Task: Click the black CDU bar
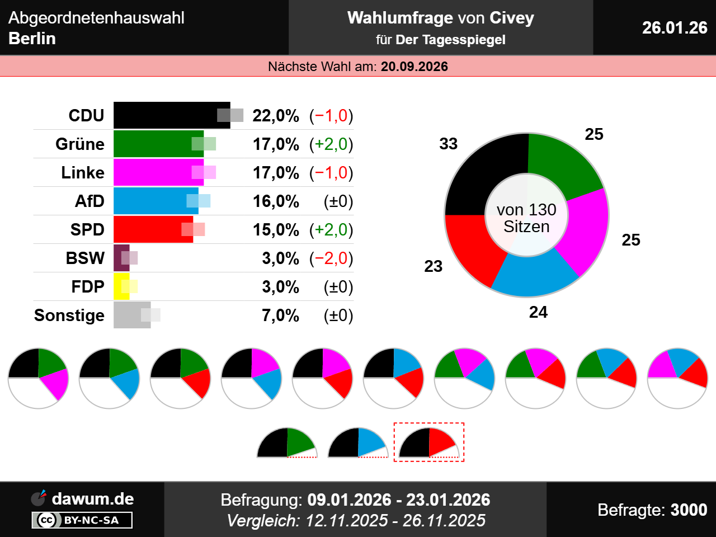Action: [x=168, y=115]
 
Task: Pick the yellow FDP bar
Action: [x=120, y=286]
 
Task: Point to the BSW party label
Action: [x=85, y=258]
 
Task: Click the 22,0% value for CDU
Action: [x=276, y=116]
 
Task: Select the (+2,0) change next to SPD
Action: [x=331, y=230]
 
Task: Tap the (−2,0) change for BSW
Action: [x=331, y=258]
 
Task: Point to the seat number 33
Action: [x=449, y=144]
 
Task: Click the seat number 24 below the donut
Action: [x=538, y=312]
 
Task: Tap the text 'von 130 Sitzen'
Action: [x=526, y=218]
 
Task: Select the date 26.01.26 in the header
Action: [x=675, y=27]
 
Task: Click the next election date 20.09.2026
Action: [x=414, y=67]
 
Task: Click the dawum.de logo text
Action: [x=93, y=499]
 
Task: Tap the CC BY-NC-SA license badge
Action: [x=82, y=520]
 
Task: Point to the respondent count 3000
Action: [x=689, y=510]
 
